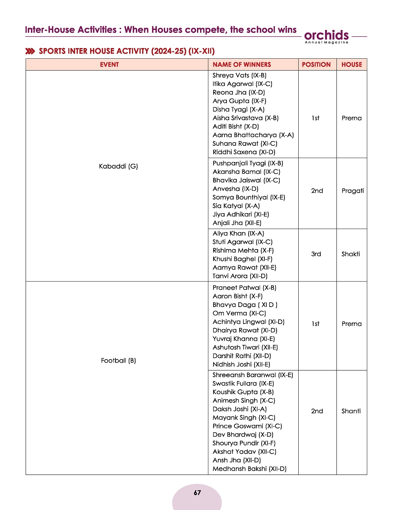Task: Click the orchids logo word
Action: pos(326,35)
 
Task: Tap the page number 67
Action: pos(197,493)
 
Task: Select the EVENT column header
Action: pos(109,65)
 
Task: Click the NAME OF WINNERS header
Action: pos(242,65)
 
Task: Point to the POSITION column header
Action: pos(316,65)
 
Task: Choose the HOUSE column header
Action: pos(352,65)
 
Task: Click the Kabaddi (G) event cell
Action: pos(118,166)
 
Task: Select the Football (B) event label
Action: pos(118,361)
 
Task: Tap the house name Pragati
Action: pos(353,191)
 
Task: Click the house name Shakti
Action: pos(351,254)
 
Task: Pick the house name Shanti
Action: pos(351,411)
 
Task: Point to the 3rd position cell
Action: pos(316,254)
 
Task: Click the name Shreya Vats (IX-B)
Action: pos(240,75)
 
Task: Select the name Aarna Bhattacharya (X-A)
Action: pos(253,135)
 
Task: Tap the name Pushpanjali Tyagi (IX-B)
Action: pos(248,163)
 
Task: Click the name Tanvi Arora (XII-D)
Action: pos(240,276)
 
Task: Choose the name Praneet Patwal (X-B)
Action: pos(244,288)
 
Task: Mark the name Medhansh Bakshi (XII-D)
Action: pos(249,469)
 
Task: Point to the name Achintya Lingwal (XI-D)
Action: pos(248,322)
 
